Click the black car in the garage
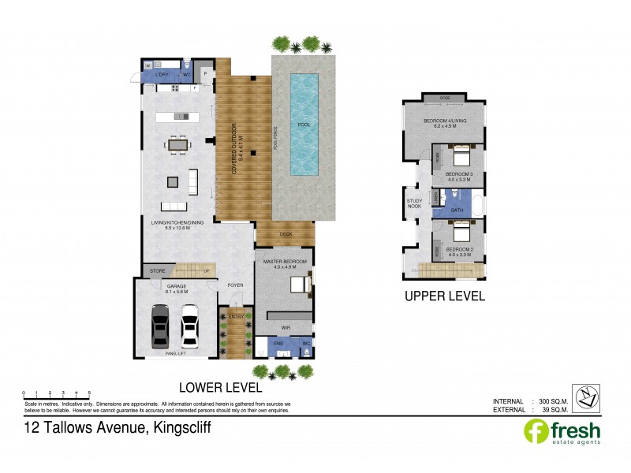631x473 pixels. [x=160, y=324]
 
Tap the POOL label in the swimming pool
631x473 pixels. [x=304, y=125]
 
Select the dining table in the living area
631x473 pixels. [x=177, y=144]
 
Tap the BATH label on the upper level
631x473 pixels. [x=457, y=210]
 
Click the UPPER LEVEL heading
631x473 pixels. [x=444, y=296]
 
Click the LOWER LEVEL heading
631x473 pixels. [x=220, y=387]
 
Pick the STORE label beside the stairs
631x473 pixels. [x=158, y=271]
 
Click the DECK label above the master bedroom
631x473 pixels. [x=285, y=233]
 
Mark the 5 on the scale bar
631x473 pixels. [x=89, y=392]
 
